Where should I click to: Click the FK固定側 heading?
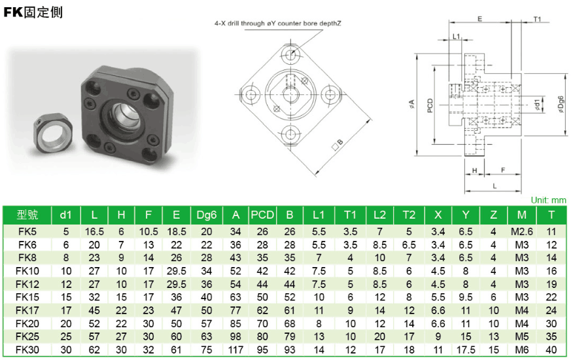[x=33, y=12]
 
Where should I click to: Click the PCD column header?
[x=262, y=215]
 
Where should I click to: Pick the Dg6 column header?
[x=206, y=215]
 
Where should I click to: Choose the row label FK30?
[x=27, y=350]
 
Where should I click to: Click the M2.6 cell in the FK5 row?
[x=521, y=231]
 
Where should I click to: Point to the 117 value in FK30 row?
[x=235, y=350]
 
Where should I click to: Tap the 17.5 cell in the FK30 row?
[x=465, y=350]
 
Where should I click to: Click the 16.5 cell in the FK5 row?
[x=94, y=231]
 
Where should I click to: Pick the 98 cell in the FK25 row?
[x=235, y=337]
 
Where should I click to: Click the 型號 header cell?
[x=27, y=215]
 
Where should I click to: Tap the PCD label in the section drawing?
[x=430, y=104]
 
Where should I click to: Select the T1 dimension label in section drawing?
[x=537, y=19]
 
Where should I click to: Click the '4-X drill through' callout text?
[x=278, y=23]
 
